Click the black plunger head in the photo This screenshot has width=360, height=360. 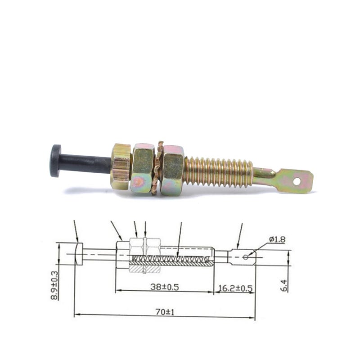tap(55, 161)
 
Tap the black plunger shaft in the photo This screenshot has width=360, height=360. tap(85, 164)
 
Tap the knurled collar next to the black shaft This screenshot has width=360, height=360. tap(121, 166)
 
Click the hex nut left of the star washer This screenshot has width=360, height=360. tap(143, 169)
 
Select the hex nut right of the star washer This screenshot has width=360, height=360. tap(173, 171)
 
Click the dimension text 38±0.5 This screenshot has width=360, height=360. tap(164, 287)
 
